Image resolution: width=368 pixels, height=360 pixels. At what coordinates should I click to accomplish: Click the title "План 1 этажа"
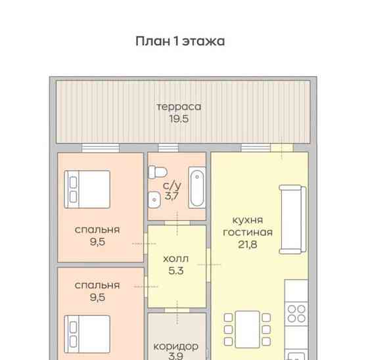180,41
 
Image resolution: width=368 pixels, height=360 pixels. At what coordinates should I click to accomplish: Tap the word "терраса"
178,106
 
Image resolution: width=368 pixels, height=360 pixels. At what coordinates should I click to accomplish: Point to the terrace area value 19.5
178,119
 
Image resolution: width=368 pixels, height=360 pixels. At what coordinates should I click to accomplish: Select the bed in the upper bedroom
87,188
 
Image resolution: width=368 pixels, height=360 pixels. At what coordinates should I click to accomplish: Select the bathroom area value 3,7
172,195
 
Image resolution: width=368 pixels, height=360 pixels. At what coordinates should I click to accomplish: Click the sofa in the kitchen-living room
292,219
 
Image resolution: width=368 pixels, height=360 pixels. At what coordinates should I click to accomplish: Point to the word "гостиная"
248,232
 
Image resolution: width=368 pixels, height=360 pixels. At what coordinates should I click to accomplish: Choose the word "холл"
175,258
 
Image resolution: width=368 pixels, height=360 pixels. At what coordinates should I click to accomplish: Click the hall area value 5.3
175,271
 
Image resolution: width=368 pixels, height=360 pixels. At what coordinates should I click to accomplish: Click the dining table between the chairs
247,326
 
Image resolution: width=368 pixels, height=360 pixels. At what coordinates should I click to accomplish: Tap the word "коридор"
175,346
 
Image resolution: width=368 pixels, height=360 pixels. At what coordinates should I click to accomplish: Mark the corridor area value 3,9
175,357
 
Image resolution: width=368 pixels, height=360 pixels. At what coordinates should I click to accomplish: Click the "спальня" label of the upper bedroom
97,229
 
